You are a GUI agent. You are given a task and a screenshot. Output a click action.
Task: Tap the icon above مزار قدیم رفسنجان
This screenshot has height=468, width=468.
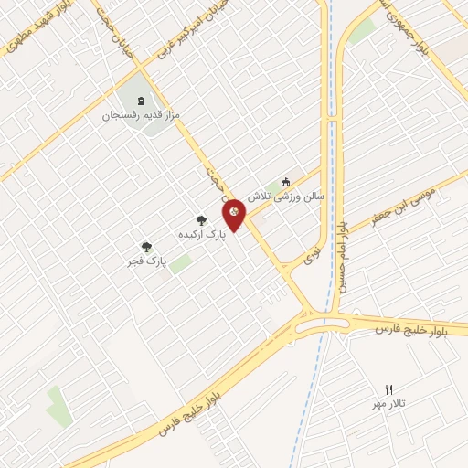(x=141, y=100)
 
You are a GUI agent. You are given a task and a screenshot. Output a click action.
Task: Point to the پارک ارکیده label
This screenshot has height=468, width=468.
(x=201, y=236)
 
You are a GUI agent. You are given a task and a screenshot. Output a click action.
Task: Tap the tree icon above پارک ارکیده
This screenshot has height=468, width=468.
(x=201, y=219)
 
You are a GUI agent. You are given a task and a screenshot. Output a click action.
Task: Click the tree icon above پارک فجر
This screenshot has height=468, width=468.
(x=144, y=246)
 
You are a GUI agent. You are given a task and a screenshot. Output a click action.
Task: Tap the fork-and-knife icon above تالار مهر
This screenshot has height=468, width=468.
(x=388, y=389)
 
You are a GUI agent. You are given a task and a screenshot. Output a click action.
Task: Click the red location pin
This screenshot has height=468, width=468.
(x=234, y=216)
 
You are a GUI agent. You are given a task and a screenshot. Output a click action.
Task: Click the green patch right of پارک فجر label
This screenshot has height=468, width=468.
(x=180, y=263)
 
